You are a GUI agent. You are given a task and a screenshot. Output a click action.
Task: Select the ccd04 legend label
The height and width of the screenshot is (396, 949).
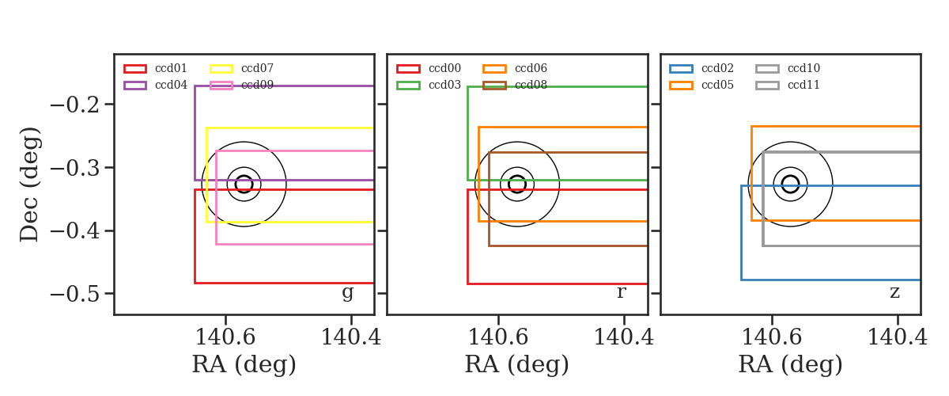(x=171, y=85)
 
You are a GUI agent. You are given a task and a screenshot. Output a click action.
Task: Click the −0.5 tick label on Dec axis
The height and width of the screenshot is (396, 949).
(x=75, y=294)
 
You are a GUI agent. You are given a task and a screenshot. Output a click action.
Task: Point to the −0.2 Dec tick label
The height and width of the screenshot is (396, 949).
(x=75, y=105)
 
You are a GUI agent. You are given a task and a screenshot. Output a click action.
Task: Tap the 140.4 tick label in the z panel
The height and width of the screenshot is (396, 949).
(x=898, y=337)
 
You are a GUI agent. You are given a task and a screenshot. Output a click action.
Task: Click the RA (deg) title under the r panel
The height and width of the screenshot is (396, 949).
(x=517, y=364)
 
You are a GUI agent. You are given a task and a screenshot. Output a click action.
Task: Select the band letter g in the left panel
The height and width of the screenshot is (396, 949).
(x=347, y=293)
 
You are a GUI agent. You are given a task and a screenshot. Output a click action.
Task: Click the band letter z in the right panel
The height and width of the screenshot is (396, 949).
(x=894, y=292)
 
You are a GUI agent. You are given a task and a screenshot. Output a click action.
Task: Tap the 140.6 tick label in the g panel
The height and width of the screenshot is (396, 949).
(x=225, y=337)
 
